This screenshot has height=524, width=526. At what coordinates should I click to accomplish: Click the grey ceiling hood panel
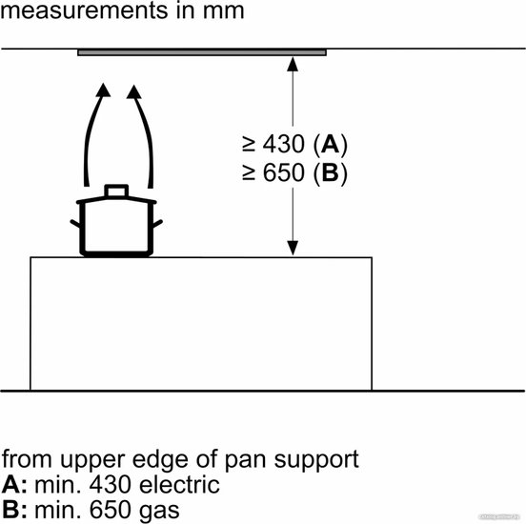pyautogui.click(x=202, y=52)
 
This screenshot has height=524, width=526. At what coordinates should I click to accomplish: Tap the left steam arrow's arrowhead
pyautogui.click(x=103, y=90)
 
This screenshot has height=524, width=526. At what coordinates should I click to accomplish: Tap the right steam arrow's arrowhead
pyautogui.click(x=133, y=91)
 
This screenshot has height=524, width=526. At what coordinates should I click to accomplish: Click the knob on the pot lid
pyautogui.click(x=116, y=191)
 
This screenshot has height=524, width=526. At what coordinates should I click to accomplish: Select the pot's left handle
pyautogui.click(x=75, y=224)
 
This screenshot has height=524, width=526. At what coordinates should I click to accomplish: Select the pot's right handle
pyautogui.click(x=157, y=224)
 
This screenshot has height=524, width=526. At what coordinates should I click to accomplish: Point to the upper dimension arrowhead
pyautogui.click(x=293, y=64)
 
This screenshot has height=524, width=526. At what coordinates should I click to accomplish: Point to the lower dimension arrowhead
pyautogui.click(x=293, y=248)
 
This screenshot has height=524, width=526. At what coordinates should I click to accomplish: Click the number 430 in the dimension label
pyautogui.click(x=283, y=144)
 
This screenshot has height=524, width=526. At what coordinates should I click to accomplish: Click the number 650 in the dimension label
pyautogui.click(x=283, y=172)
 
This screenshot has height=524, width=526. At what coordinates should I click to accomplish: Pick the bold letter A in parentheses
pyautogui.click(x=330, y=144)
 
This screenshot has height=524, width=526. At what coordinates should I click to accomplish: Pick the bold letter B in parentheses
pyautogui.click(x=330, y=172)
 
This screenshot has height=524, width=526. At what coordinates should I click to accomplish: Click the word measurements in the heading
pyautogui.click(x=84, y=10)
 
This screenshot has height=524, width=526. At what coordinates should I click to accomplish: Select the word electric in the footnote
pyautogui.click(x=179, y=485)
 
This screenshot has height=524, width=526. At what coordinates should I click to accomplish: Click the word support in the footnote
pyautogui.click(x=316, y=461)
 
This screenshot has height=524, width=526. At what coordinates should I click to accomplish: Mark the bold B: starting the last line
pyautogui.click(x=14, y=510)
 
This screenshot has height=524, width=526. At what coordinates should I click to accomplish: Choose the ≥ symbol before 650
pyautogui.click(x=249, y=172)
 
